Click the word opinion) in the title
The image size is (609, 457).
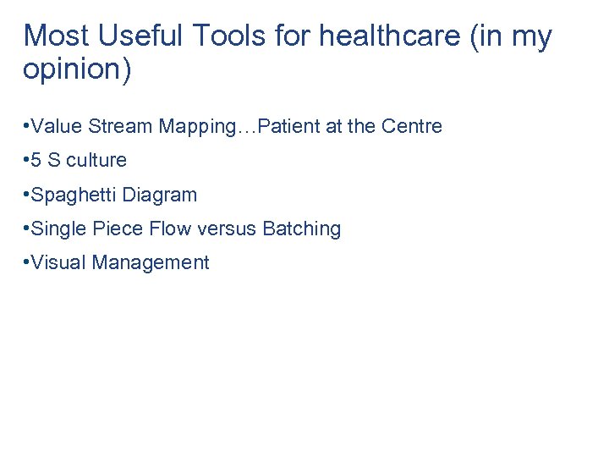[77, 70]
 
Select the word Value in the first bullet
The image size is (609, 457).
[55, 127]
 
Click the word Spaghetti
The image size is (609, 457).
[74, 195]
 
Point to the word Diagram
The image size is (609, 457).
[160, 195]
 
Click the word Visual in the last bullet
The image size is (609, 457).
[58, 263]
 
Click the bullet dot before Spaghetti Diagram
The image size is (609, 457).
[26, 195]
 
